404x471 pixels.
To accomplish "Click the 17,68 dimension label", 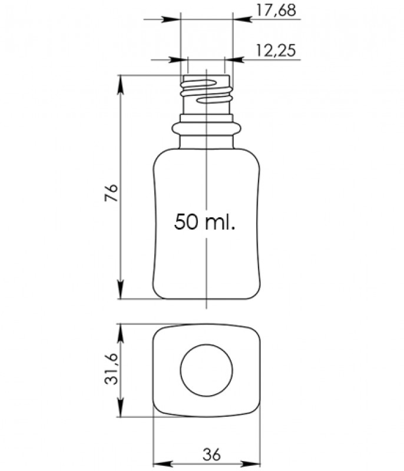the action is click(276, 11).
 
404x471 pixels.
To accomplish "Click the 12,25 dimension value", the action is click(276, 51).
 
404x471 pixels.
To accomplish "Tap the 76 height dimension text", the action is click(111, 193).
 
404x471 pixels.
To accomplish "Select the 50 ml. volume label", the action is click(204, 222).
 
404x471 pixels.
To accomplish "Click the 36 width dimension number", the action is click(212, 454).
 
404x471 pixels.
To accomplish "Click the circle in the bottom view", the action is click(206, 370).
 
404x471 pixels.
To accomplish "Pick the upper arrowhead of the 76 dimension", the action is click(120, 84).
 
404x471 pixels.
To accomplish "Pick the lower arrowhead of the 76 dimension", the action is click(120, 290).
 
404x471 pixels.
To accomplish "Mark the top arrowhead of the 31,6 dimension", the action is click(120, 333).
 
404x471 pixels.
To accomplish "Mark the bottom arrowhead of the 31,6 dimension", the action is click(120, 408).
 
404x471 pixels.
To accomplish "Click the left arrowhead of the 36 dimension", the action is click(162, 464).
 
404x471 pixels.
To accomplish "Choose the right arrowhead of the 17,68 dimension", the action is click(242, 19).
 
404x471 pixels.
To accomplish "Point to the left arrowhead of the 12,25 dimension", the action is click(178, 60).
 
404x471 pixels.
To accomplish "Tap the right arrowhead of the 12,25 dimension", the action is click(234, 60).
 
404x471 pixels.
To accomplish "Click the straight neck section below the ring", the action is click(206, 142).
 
